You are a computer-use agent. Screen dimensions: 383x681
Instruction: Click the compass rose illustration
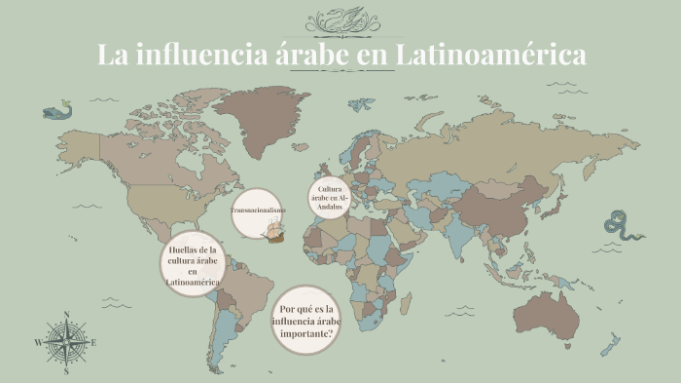[x=66, y=341]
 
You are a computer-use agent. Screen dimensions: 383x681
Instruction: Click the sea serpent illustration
[x=623, y=226]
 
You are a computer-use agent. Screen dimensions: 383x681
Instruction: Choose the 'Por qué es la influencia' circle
[x=307, y=321]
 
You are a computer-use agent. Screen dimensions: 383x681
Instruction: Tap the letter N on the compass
[x=66, y=315]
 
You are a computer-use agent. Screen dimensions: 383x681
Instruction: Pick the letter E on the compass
[x=93, y=342]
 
